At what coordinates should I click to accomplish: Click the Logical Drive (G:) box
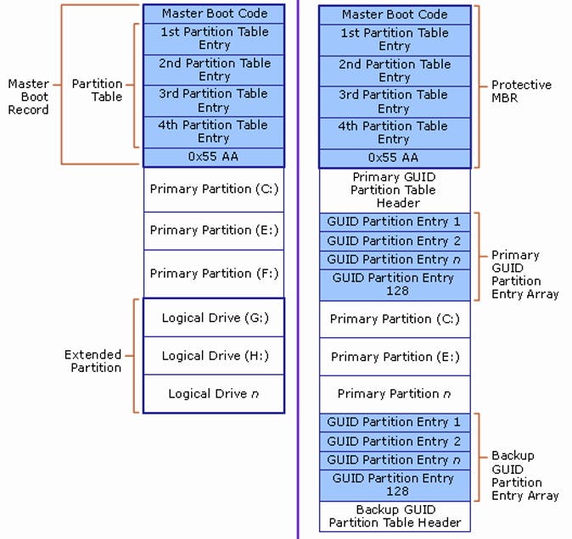tap(214, 318)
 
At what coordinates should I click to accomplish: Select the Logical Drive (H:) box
tap(214, 356)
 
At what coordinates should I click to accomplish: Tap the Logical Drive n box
tap(214, 393)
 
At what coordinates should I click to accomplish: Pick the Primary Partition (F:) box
tap(214, 273)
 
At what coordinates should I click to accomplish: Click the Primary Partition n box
tap(394, 393)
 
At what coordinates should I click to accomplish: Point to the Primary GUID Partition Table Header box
tap(394, 190)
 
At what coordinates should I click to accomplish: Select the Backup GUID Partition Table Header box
tap(394, 516)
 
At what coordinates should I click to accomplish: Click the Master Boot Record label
tap(28, 97)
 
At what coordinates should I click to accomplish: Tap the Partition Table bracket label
tap(97, 90)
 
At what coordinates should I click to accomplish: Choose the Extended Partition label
tap(93, 361)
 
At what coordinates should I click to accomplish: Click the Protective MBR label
tap(521, 92)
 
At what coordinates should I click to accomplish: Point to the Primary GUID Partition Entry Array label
tap(524, 274)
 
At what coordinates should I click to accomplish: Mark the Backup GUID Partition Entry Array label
tap(524, 475)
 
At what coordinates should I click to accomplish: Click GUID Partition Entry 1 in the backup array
tap(394, 422)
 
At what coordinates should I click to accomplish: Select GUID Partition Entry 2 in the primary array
tap(394, 241)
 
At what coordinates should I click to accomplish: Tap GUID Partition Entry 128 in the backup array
tap(394, 485)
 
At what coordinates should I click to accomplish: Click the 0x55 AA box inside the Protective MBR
tap(394, 158)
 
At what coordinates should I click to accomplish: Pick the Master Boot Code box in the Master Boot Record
tap(214, 14)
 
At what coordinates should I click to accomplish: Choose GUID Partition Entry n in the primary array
tap(394, 259)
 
